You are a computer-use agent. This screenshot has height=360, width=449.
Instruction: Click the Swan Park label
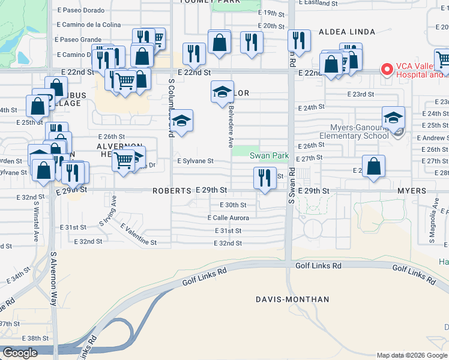click(x=270, y=156)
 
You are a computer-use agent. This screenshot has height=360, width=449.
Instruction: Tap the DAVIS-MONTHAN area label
click(x=292, y=299)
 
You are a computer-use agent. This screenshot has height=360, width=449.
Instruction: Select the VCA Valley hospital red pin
click(x=387, y=70)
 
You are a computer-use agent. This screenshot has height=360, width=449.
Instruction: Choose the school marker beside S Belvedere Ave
click(x=222, y=92)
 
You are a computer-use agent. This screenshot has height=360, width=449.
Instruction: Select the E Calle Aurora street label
click(x=228, y=218)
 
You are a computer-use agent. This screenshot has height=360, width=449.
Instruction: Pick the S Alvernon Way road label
click(x=53, y=280)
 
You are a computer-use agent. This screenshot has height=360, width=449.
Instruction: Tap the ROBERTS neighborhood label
click(x=171, y=190)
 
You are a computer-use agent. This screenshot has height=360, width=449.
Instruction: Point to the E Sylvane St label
click(x=194, y=161)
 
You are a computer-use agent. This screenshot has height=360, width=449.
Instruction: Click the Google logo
click(x=19, y=353)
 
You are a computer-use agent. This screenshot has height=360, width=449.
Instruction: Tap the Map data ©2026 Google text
click(x=411, y=355)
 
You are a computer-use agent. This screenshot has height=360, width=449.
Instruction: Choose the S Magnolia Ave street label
click(x=431, y=227)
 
